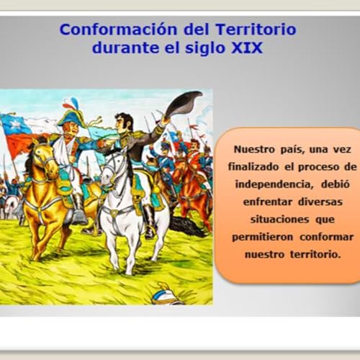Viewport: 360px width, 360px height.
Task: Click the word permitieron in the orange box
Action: click(263, 236)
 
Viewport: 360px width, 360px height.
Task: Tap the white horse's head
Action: click(114, 166)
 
